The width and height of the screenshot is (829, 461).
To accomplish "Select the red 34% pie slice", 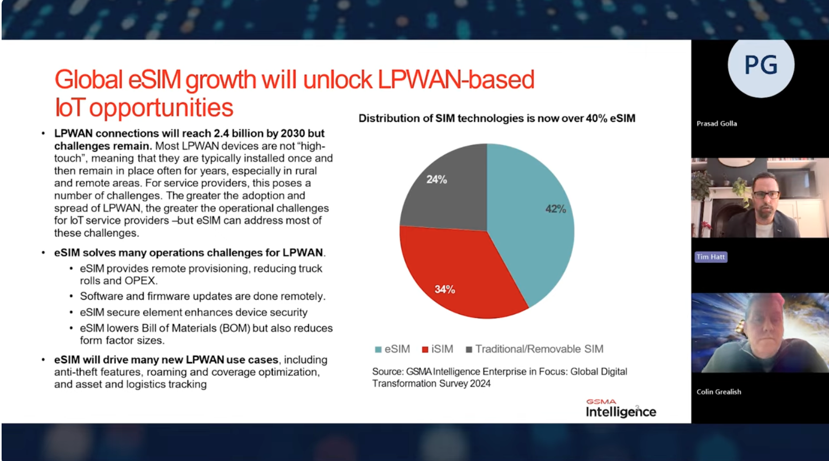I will click(x=454, y=272).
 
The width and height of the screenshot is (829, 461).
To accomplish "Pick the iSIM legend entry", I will click(x=438, y=349).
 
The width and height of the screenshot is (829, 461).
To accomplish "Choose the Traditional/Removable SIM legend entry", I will click(x=534, y=349).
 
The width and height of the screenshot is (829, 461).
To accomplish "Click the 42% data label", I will click(x=555, y=209).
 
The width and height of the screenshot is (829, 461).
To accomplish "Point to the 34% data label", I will click(x=445, y=289).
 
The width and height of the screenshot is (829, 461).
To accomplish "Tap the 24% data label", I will click(x=436, y=179).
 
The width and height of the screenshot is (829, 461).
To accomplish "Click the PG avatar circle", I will click(x=761, y=65).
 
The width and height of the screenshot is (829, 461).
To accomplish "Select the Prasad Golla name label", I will click(x=716, y=123).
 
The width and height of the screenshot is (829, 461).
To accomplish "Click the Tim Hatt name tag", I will click(x=710, y=257).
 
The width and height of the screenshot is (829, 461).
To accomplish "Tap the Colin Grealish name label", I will click(x=719, y=392).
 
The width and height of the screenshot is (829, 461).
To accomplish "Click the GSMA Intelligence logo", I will click(x=620, y=409).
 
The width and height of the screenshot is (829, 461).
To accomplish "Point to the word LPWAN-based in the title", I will click(x=456, y=80).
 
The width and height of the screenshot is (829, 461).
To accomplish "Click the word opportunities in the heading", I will click(x=161, y=107).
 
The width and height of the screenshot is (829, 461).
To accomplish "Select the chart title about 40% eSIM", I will click(x=496, y=118).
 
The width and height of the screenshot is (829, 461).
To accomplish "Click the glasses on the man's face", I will click(x=766, y=194).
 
